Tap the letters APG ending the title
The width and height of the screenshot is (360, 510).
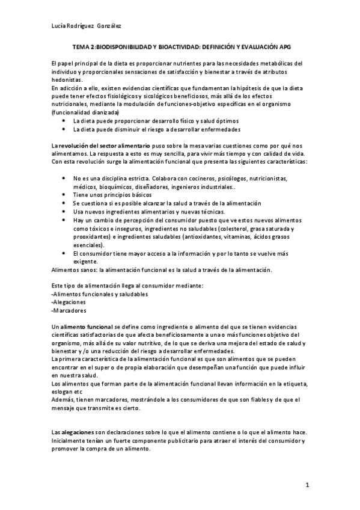coord(285,45)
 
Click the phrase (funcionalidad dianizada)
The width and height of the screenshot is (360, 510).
coord(85,112)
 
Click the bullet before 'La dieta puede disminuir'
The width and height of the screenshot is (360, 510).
coord(64,129)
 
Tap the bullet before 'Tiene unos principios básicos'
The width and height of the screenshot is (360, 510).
coord(64,195)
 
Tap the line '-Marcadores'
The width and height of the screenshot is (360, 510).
coord(69,311)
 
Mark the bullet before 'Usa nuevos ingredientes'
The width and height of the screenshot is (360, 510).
coord(64,212)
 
